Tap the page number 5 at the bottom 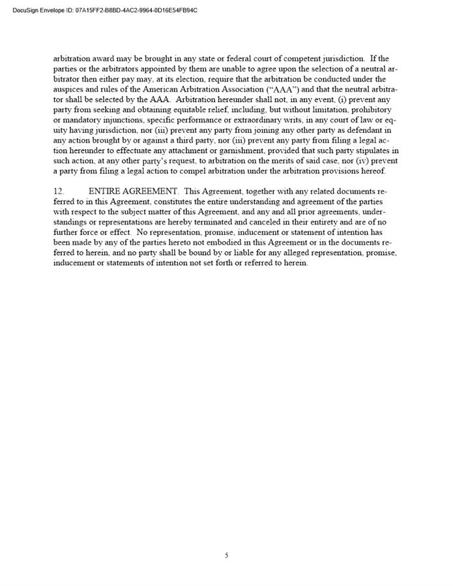point(226,555)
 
